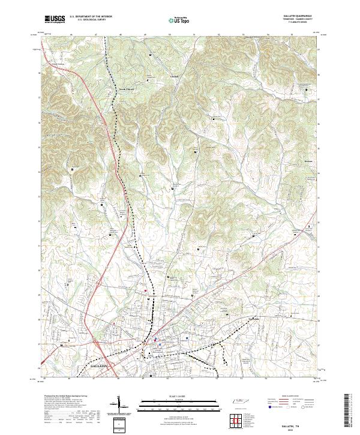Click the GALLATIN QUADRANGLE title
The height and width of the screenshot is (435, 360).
(301, 16)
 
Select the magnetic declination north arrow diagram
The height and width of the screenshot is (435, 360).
(122, 406)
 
